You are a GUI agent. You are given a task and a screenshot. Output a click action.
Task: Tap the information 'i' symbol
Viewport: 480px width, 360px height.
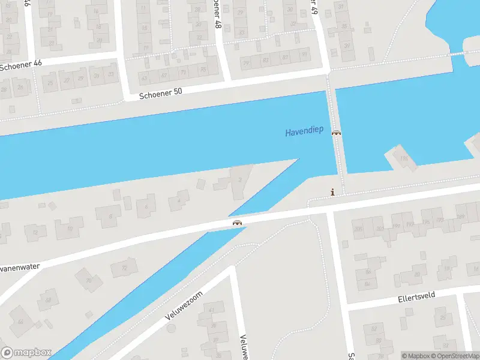point(332,193)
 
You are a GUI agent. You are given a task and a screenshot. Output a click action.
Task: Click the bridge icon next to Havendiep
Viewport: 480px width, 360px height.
point(337,133)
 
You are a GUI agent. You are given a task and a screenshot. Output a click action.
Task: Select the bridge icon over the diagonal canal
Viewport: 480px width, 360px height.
point(238,223)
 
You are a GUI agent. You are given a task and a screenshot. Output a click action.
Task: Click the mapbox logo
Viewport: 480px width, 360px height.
point(26,353)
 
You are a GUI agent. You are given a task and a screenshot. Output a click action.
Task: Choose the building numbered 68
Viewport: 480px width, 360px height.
point(48,299)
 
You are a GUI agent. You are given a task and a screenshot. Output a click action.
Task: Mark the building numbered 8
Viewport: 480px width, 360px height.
point(110,216)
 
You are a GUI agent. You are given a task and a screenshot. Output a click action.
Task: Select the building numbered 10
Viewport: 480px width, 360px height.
point(70,228)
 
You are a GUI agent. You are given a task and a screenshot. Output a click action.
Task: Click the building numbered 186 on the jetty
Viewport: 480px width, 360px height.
point(404,158)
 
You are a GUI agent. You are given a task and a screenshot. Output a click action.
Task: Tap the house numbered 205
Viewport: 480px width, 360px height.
point(359,229)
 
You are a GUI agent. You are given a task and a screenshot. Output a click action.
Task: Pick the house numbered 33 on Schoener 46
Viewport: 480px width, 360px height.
point(110,74)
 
